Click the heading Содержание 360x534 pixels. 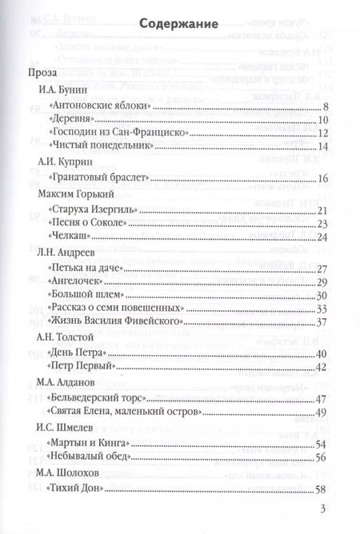point(177,26)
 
